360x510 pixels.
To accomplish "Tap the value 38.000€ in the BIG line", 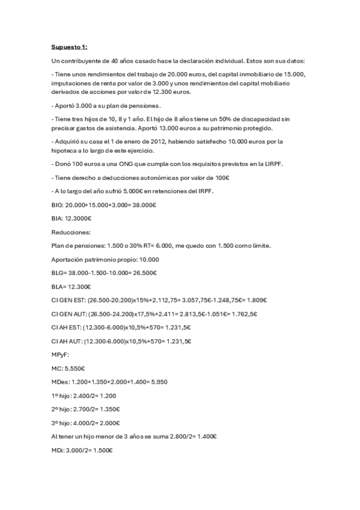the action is [x=144, y=204].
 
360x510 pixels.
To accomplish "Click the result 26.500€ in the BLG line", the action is [x=145, y=272].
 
